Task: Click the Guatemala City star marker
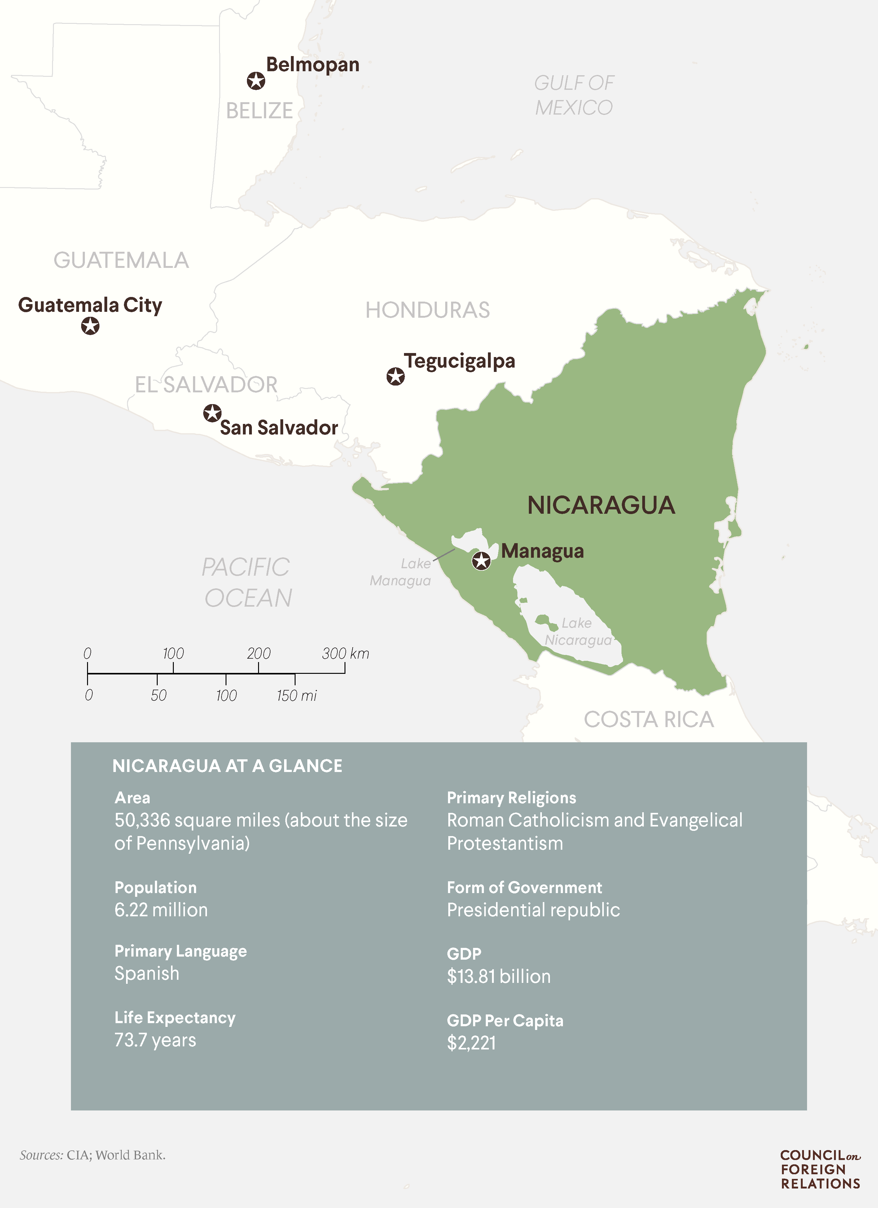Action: [x=90, y=325]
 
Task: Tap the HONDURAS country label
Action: [x=427, y=310]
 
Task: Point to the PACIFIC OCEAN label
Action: [x=247, y=582]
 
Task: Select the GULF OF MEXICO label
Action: [x=574, y=95]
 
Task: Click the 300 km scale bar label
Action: [x=345, y=653]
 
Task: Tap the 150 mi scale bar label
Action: [x=296, y=695]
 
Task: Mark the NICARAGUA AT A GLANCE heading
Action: [x=227, y=766]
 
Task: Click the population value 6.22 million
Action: [x=161, y=910]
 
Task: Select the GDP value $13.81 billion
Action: [x=499, y=976]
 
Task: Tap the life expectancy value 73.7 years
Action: [x=155, y=1040]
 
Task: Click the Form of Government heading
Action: [x=524, y=887]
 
